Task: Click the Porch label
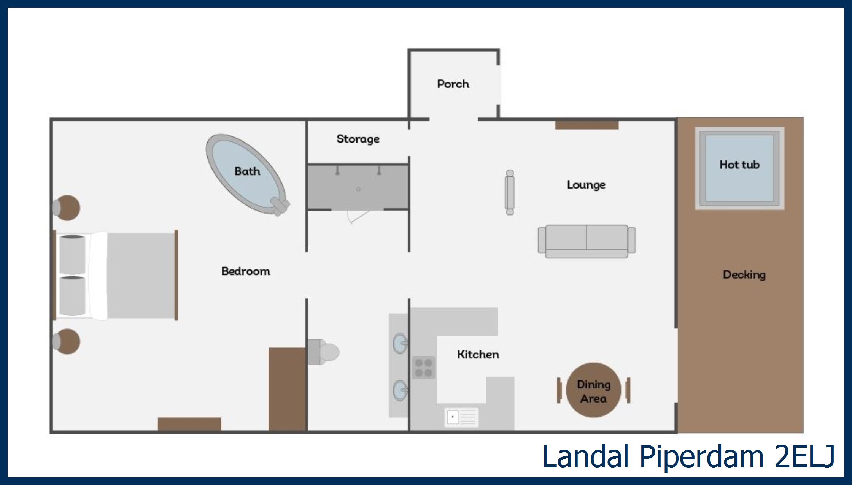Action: point(453,84)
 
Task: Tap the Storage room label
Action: point(358,139)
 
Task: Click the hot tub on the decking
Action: point(740,168)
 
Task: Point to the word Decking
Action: point(744,275)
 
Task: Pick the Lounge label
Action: point(586,185)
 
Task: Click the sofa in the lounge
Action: point(587,241)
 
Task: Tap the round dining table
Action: point(593,390)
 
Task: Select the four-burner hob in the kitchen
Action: point(424,368)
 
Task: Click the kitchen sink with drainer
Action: point(461,417)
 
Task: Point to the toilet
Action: point(323,352)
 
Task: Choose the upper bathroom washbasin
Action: point(400,344)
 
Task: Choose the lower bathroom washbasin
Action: point(400,390)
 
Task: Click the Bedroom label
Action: point(246,271)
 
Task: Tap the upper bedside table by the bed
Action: point(67,208)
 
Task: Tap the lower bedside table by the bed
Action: point(67,342)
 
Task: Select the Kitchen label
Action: point(478,355)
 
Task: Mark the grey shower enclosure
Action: point(358,187)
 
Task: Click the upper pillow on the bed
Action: point(72,255)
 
